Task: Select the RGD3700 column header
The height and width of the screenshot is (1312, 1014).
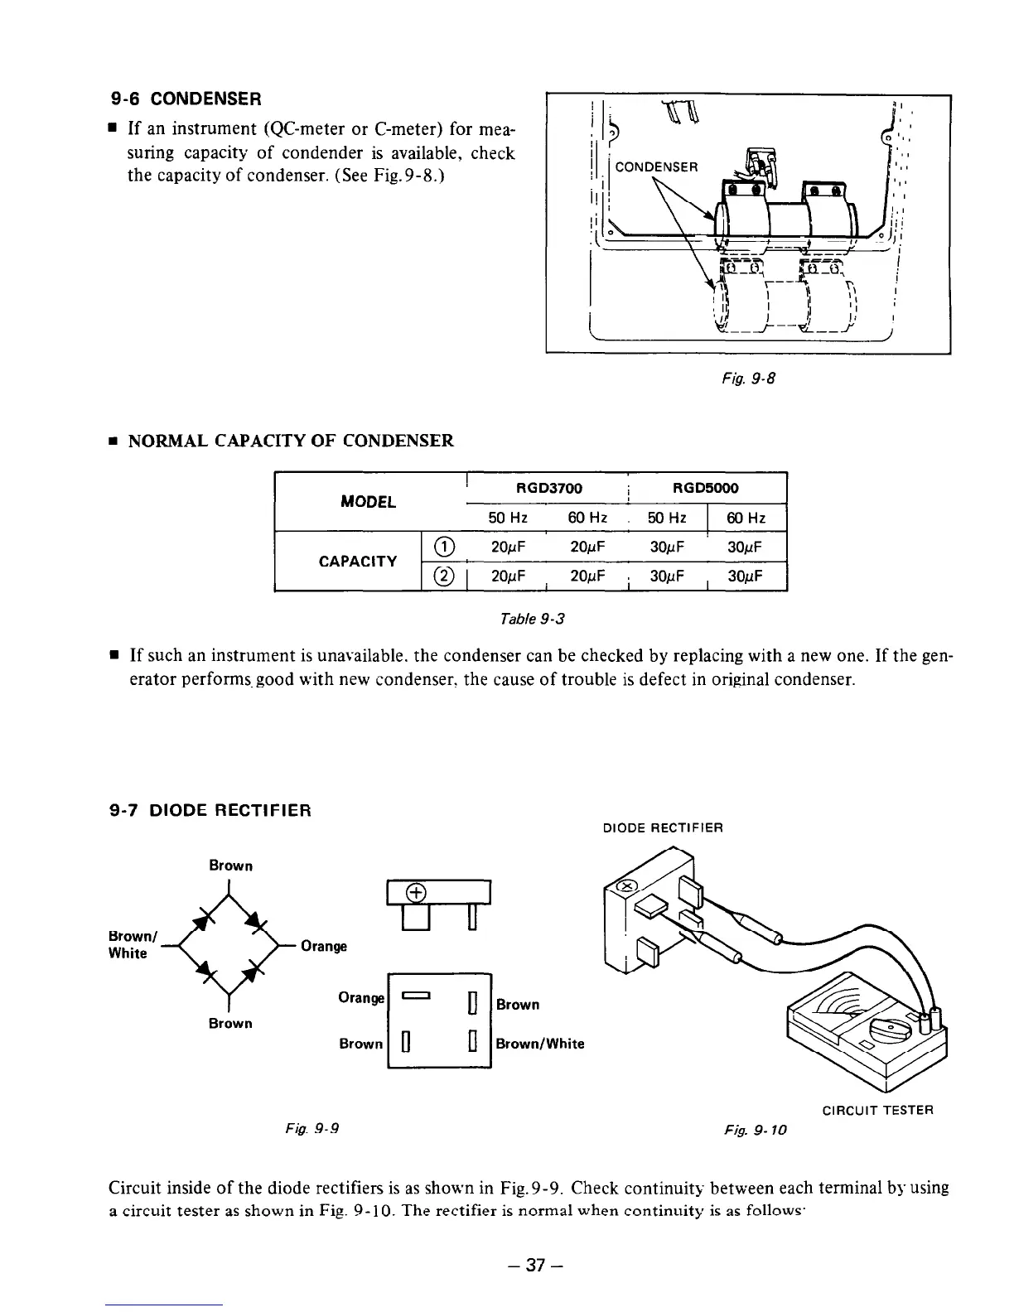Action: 549,488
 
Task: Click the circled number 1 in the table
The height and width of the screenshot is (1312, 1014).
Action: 445,546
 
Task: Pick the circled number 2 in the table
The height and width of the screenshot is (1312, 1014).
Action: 445,576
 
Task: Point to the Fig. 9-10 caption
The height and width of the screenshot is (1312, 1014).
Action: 753,1128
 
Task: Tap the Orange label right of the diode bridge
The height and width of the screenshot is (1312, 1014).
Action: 324,946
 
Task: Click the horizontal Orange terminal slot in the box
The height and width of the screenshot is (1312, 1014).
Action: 415,997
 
